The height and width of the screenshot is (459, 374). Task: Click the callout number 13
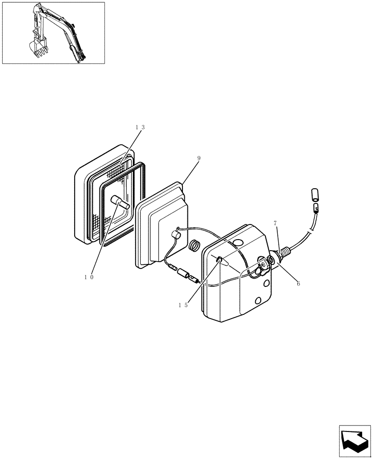tap(140, 127)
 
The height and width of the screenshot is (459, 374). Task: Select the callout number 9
tap(198, 158)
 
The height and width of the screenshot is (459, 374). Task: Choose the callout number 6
tap(298, 284)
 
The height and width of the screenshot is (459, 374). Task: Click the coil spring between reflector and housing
tap(194, 246)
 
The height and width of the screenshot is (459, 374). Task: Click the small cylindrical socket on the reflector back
tap(174, 235)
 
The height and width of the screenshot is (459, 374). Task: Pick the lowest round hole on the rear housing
tap(258, 301)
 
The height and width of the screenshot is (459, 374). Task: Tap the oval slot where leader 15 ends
tap(220, 261)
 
